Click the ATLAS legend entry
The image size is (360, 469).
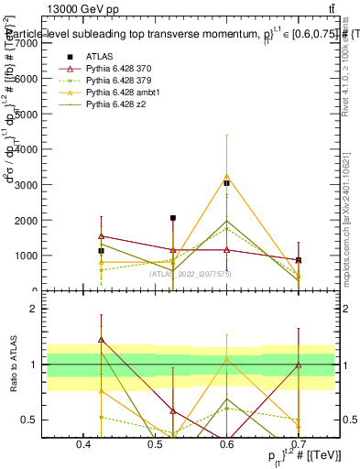(x=97, y=55)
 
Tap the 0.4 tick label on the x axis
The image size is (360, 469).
(x=83, y=443)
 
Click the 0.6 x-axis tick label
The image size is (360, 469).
(x=226, y=443)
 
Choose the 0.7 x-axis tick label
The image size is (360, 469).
(x=299, y=443)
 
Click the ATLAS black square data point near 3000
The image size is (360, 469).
(x=226, y=183)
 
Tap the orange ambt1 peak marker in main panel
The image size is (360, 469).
(x=226, y=175)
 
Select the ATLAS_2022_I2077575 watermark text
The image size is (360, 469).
(x=191, y=274)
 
